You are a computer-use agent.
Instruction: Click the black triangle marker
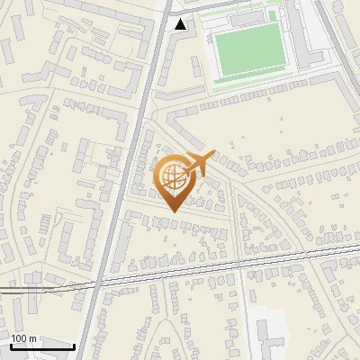coord(181,25)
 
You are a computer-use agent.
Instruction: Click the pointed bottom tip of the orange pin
coord(173,211)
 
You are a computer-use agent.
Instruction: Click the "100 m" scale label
coord(23,338)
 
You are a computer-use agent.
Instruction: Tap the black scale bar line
coord(42,346)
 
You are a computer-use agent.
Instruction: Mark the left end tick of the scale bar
coord(10,345)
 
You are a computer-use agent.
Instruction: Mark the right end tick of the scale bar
coord(75,345)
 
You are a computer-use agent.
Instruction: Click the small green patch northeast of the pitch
coord(273,15)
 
